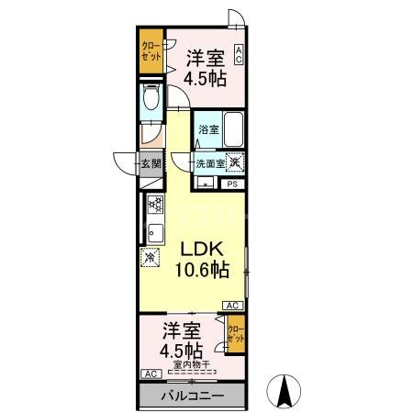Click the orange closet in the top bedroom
(x=151, y=51)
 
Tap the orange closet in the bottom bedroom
(x=236, y=332)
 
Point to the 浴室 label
(x=207, y=130)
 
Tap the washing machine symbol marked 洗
(x=237, y=162)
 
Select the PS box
(x=232, y=184)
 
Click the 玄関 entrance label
(x=151, y=164)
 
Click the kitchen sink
(x=154, y=231)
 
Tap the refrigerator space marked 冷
(x=151, y=261)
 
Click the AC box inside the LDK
(x=232, y=306)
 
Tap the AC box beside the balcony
(x=149, y=374)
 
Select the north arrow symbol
(x=285, y=393)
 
